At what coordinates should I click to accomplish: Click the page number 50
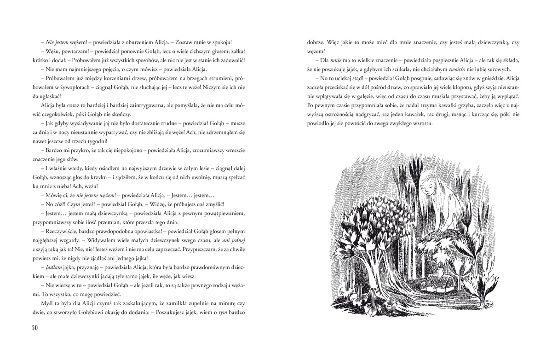(35, 327)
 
